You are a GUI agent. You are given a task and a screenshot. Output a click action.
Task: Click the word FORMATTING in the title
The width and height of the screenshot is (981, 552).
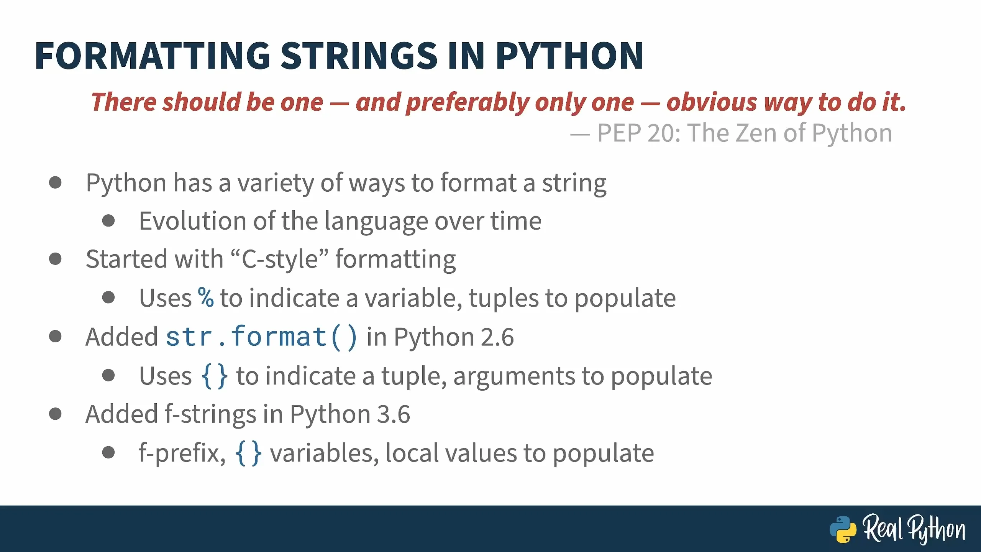pos(153,56)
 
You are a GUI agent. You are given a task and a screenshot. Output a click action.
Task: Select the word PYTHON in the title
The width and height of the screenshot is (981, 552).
pos(569,56)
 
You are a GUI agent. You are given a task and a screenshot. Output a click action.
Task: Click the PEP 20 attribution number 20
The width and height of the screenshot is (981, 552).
pos(663,133)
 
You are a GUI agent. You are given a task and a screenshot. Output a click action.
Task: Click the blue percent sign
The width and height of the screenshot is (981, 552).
pos(206,297)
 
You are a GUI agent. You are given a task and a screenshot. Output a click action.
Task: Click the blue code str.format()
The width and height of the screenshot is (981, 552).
pos(261,337)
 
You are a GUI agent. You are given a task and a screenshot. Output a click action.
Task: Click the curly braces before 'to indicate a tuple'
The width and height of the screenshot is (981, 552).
pos(214,376)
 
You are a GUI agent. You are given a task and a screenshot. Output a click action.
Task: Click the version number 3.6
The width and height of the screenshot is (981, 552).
pos(394,415)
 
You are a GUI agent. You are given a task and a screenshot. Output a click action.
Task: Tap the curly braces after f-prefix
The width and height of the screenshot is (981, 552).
pos(248,453)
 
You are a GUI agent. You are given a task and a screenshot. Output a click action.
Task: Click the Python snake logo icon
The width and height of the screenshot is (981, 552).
pos(843,529)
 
